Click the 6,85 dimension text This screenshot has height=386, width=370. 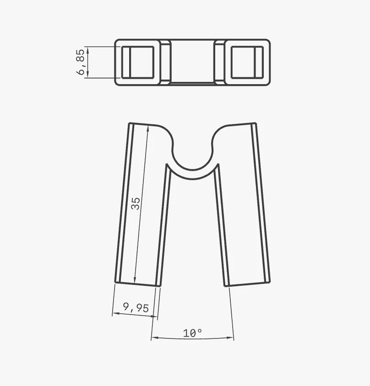point(81,63)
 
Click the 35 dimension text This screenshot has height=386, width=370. point(136,204)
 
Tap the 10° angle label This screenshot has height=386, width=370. point(193,333)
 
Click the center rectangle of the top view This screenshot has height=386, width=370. point(193,62)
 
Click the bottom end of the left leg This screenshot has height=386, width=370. point(137,284)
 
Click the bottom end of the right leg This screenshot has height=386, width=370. point(248,284)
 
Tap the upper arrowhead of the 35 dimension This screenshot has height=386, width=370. point(147,129)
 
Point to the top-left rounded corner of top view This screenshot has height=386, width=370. point(117,42)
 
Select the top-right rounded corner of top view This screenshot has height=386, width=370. point(267,42)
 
